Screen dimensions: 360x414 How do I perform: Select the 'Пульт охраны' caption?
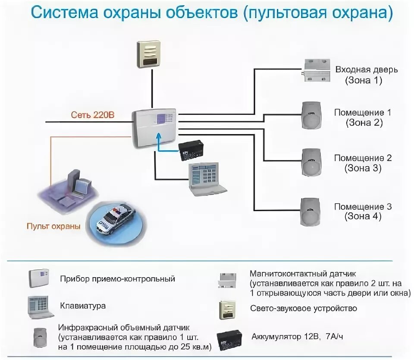(53, 226)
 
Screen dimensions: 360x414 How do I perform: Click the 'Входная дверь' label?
(367, 70)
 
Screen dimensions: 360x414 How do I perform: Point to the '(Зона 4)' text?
(363, 217)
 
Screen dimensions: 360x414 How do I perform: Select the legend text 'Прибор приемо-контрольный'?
(118, 279)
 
